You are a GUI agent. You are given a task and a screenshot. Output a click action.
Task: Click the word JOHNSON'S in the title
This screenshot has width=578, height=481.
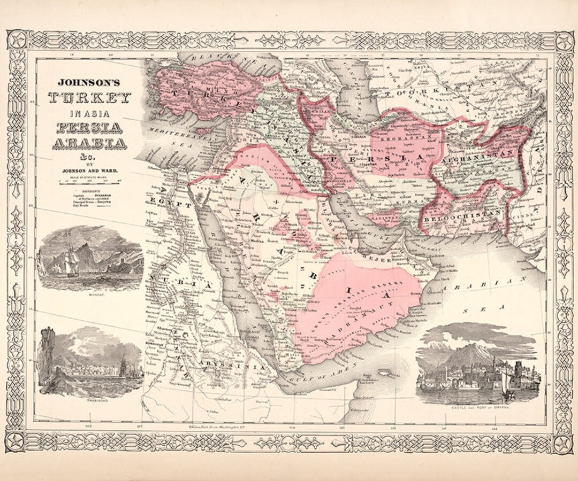click(x=89, y=83)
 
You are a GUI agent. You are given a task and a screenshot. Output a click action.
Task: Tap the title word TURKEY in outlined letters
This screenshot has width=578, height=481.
click(x=89, y=98)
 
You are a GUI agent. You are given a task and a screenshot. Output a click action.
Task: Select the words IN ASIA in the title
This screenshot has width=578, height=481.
click(x=89, y=114)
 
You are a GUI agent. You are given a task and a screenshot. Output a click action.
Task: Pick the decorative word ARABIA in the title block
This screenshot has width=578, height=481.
click(x=89, y=144)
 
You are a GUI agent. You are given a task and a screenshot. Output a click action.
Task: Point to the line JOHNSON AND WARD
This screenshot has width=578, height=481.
click(x=89, y=170)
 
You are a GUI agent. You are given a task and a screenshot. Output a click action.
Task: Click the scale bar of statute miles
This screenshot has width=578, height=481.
click(x=89, y=181)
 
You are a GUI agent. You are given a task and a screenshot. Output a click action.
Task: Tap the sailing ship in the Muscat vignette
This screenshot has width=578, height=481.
click(x=70, y=262)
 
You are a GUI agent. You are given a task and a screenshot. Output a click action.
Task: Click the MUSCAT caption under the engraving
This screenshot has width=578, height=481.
click(x=89, y=294)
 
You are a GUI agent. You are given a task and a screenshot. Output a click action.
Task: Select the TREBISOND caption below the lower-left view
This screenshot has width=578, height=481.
click(x=89, y=399)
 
